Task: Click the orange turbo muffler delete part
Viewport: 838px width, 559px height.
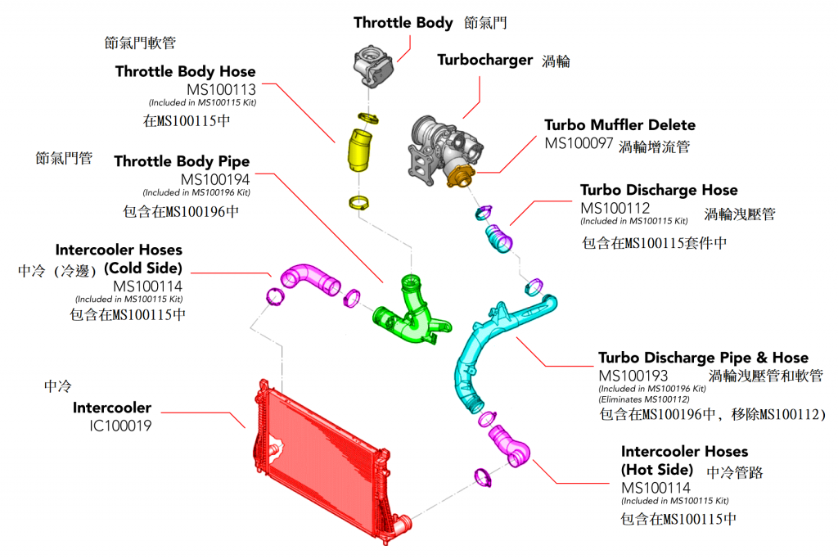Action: coord(461,176)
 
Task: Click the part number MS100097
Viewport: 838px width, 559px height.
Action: coord(579,143)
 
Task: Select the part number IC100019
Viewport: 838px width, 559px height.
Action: coord(120,426)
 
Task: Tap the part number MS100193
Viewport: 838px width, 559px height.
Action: coord(633,376)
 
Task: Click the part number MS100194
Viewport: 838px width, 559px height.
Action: coord(215,179)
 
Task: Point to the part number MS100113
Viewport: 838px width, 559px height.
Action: coord(221,89)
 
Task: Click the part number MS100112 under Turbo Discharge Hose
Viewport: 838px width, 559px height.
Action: coord(615,208)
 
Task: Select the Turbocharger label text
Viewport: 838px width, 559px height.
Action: coord(484,60)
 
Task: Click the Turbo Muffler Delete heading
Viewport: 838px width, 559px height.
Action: coord(620,125)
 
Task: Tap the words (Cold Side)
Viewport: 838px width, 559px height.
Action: coord(143,268)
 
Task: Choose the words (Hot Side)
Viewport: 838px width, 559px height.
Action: coord(657,470)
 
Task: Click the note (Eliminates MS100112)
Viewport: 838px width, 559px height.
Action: coord(644,399)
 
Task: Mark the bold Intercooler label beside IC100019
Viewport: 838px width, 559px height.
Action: coord(112,408)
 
